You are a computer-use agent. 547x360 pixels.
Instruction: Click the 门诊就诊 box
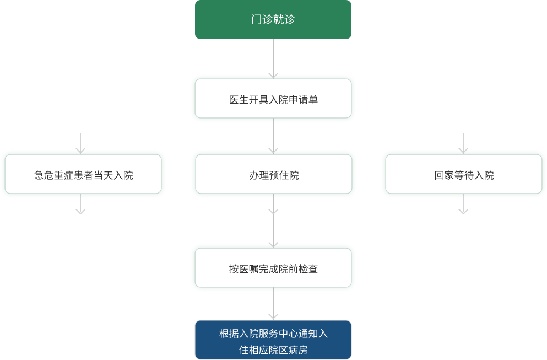point(273,20)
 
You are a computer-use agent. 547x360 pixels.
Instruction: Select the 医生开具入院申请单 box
point(273,99)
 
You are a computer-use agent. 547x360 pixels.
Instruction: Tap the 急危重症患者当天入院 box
point(83,174)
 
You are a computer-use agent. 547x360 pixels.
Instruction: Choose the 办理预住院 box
point(273,174)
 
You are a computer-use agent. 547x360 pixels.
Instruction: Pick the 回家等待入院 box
point(463,174)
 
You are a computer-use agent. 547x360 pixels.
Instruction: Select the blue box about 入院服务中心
point(273,340)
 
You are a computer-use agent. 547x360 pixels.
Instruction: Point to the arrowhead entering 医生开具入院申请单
point(273,75)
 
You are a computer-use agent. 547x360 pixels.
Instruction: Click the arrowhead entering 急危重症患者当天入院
point(80,149)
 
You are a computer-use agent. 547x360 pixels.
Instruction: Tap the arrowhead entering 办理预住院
point(273,149)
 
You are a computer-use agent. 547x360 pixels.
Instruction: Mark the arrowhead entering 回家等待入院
point(463,149)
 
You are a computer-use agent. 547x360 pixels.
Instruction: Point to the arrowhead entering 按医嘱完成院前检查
point(273,244)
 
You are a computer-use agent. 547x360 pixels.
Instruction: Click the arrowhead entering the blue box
point(273,316)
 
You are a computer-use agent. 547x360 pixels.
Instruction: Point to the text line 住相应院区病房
point(273,350)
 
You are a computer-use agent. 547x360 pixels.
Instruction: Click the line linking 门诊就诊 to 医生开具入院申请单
point(273,56)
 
